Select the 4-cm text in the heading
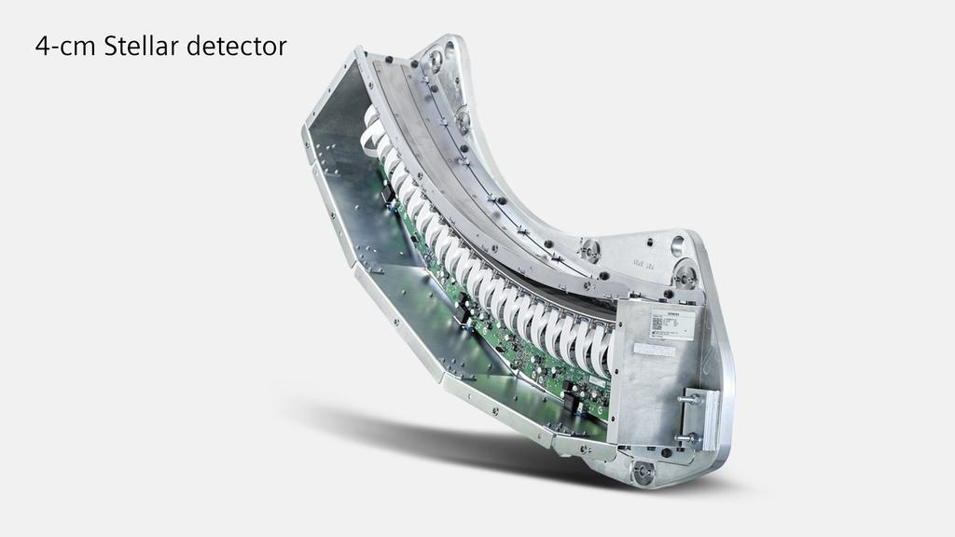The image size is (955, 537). tap(65, 46)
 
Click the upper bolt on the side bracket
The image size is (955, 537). tap(691, 399)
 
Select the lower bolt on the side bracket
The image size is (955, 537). tap(690, 437)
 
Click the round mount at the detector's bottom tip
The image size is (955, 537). tap(644, 472)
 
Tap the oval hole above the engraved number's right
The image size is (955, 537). tap(677, 246)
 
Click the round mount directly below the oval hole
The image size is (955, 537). tap(685, 275)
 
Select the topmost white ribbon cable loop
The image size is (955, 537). tap(372, 118)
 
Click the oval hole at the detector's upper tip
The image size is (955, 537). tap(435, 61)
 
